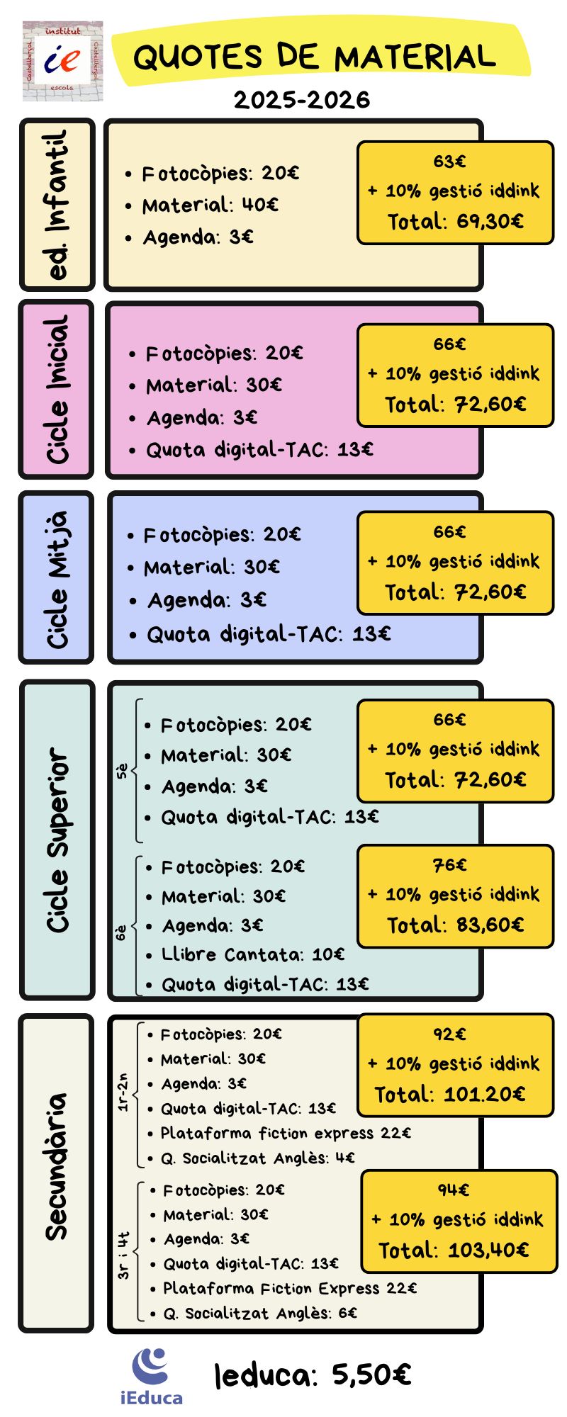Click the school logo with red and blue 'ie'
click(x=62, y=61)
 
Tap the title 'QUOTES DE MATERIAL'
click(x=314, y=57)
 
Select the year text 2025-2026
click(x=302, y=100)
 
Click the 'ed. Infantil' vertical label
click(x=57, y=205)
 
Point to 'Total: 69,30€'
click(x=456, y=222)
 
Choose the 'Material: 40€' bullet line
click(x=210, y=205)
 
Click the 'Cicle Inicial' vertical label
click(x=57, y=390)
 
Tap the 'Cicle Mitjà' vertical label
click(x=57, y=578)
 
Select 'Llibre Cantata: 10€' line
click(x=253, y=954)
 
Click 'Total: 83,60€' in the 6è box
click(x=456, y=925)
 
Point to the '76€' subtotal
click(x=450, y=865)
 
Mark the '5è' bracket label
click(x=122, y=771)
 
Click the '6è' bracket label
click(x=122, y=932)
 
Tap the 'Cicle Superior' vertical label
click(x=57, y=840)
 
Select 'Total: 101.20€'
click(x=450, y=1095)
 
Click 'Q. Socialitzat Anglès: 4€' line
click(x=257, y=1158)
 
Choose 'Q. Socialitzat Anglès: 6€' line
click(x=260, y=1313)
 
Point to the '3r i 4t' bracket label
click(x=123, y=1255)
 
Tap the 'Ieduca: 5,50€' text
click(x=313, y=1375)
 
